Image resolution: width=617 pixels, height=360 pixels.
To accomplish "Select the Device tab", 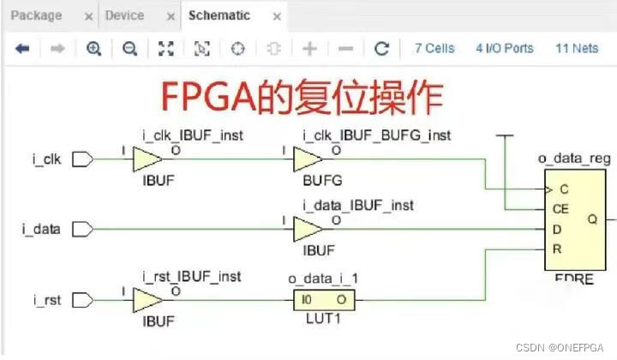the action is [124, 15].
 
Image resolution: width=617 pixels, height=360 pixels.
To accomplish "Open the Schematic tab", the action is [219, 15].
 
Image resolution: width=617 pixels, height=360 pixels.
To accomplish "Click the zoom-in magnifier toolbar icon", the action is [94, 49].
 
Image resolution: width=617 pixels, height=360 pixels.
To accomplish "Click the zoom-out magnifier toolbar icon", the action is [129, 49].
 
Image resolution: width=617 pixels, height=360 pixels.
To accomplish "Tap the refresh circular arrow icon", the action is [382, 49].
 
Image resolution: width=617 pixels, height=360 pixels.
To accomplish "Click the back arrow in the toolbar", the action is [22, 49].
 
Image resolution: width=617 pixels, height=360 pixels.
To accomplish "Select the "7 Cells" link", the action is [434, 49].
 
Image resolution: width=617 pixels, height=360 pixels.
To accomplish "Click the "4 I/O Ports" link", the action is [504, 49].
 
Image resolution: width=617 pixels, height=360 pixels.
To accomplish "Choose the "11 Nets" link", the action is [577, 49].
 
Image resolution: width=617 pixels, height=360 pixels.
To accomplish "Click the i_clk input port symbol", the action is [83, 159].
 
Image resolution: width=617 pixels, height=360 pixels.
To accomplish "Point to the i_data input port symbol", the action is [83, 230].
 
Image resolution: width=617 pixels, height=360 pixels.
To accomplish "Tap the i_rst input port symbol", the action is [83, 301].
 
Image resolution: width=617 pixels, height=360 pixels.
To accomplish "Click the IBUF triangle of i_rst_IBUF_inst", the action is [147, 301].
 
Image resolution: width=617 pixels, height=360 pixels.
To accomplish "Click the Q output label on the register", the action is [591, 219].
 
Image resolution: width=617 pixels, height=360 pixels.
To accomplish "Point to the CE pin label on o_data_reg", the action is [560, 208].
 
